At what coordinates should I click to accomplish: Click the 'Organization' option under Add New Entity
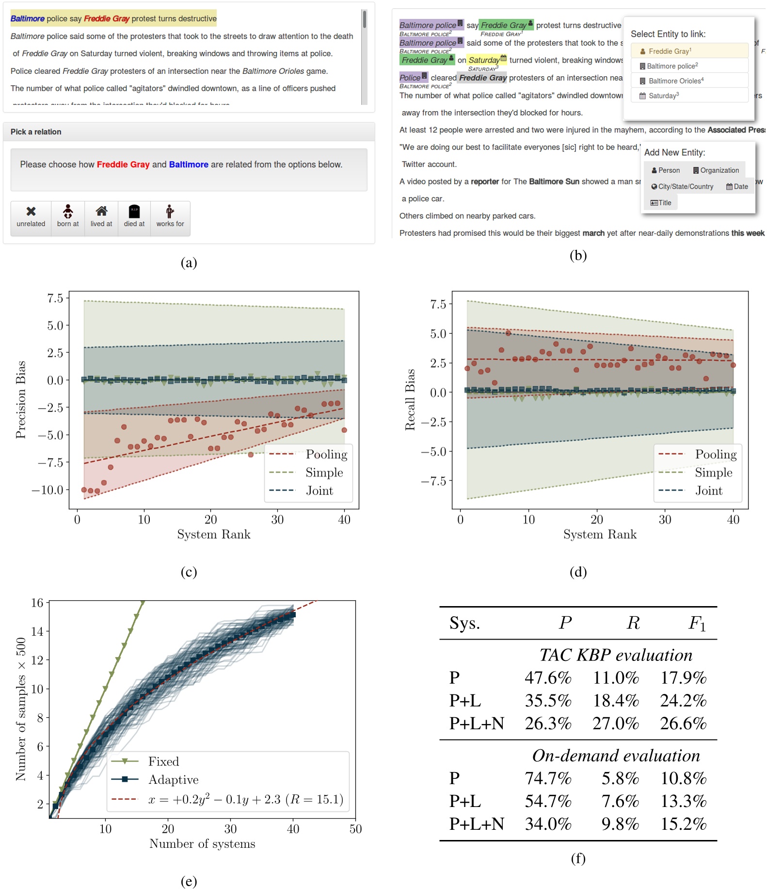(x=716, y=170)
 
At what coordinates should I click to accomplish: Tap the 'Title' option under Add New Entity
(x=661, y=203)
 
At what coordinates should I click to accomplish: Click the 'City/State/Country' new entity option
(x=682, y=187)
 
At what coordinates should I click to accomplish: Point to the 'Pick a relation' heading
(x=36, y=132)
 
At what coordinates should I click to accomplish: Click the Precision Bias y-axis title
(x=20, y=400)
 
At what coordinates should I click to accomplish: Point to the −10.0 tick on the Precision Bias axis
(x=48, y=490)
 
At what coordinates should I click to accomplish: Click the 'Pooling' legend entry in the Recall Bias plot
(x=715, y=454)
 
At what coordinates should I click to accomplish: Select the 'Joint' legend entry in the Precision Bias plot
(x=319, y=491)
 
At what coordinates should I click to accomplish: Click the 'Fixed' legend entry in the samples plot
(x=163, y=761)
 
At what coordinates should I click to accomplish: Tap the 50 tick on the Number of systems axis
(x=355, y=829)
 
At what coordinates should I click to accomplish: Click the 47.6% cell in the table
(x=548, y=678)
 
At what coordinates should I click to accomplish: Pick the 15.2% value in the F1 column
(x=683, y=824)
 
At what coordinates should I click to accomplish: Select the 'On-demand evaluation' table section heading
(x=616, y=756)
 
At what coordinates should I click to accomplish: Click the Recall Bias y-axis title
(x=410, y=400)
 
